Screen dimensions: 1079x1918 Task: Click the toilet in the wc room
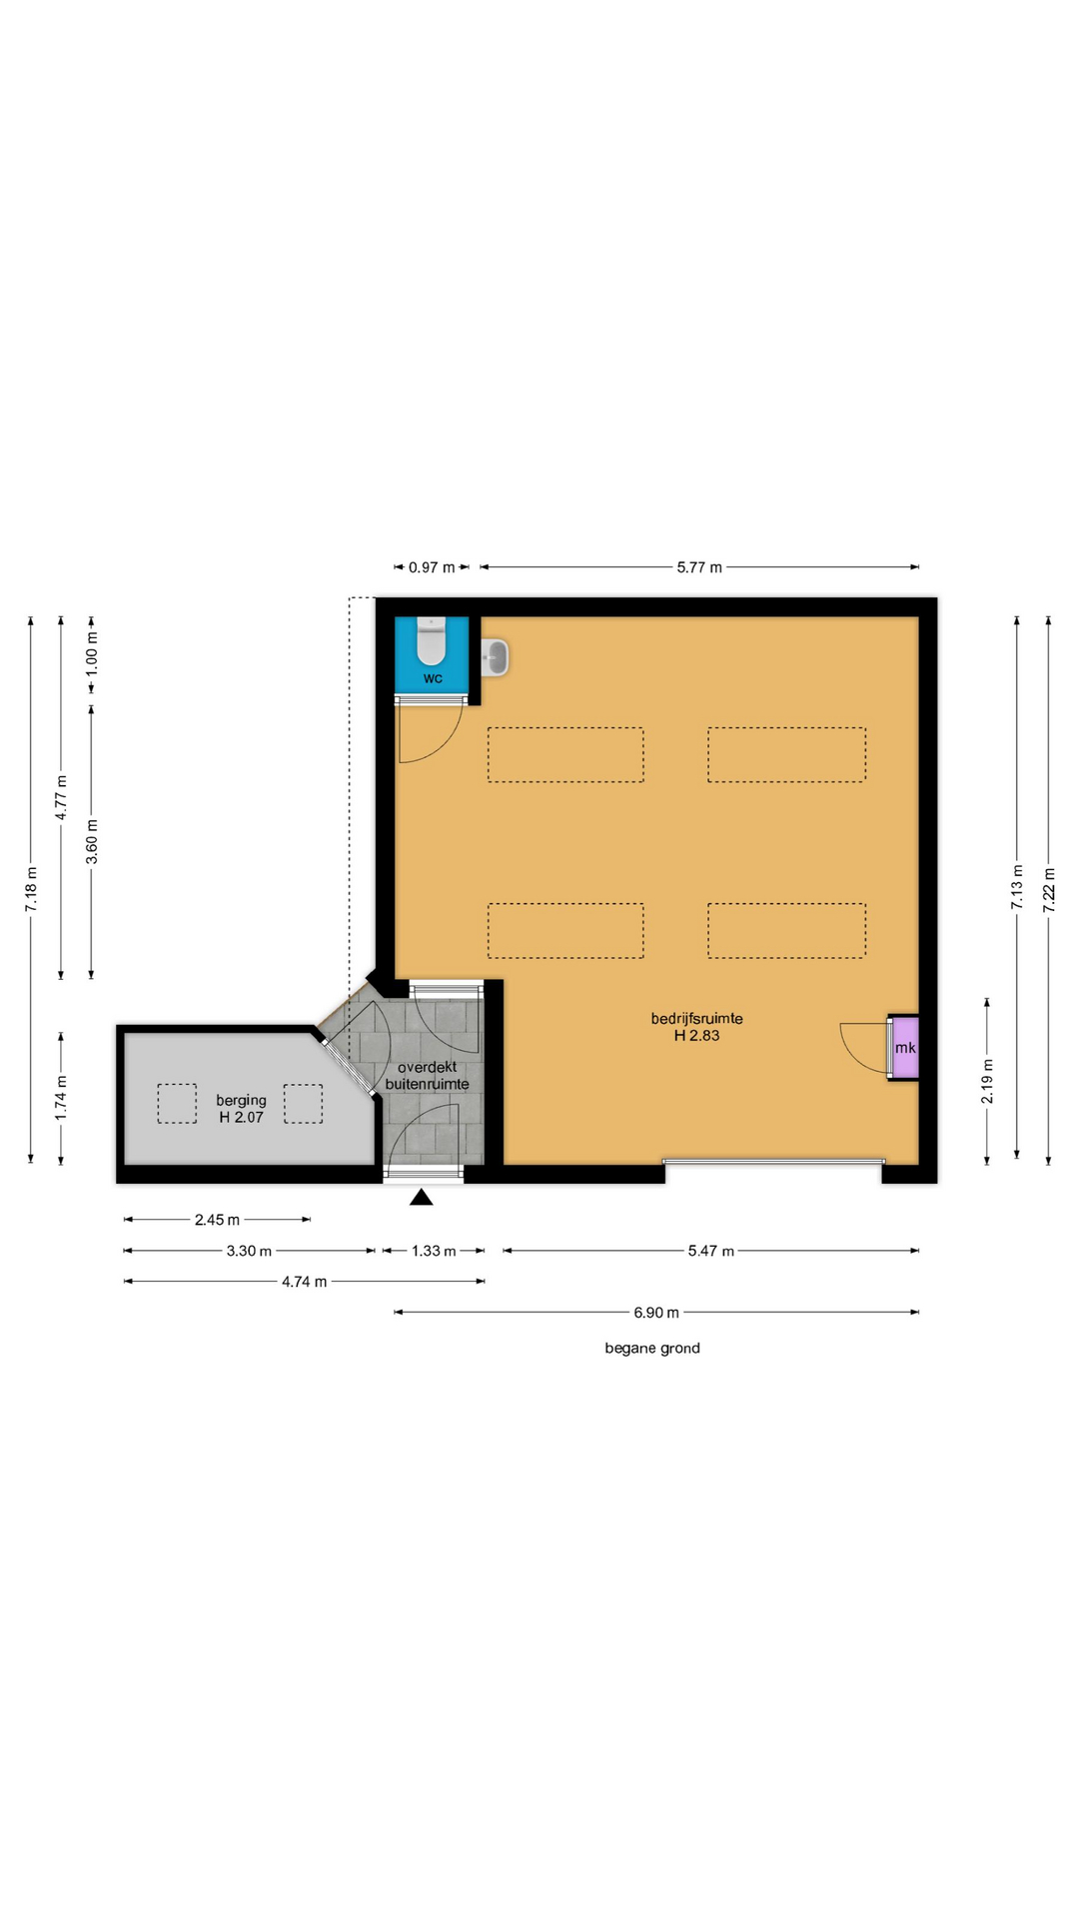pos(431,641)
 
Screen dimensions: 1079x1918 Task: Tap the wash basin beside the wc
pos(496,657)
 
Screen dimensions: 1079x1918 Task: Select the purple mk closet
pos(904,1047)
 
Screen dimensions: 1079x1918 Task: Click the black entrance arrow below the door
pos(422,1197)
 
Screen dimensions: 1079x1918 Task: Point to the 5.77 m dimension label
pos(699,567)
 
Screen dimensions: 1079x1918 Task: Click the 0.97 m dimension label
pos(432,567)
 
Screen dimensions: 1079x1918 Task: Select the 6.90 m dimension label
pos(656,1313)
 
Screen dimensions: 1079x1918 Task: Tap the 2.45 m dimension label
pos(217,1220)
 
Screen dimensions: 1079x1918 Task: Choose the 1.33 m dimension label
pos(434,1251)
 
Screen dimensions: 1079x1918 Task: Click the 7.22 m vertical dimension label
pos(1049,889)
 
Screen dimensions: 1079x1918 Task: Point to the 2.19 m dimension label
pos(987,1082)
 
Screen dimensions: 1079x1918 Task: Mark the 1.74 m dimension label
pos(61,1097)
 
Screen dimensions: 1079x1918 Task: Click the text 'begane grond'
pos(652,1349)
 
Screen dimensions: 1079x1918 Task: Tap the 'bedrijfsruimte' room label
pos(696,1019)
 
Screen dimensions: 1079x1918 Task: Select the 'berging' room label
pos(241,1100)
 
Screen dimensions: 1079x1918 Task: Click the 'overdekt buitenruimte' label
pos(427,1075)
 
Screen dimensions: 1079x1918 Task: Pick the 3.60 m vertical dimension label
pos(92,841)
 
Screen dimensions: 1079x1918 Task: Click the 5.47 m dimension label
pos(710,1251)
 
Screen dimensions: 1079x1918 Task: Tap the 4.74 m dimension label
pos(304,1282)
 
